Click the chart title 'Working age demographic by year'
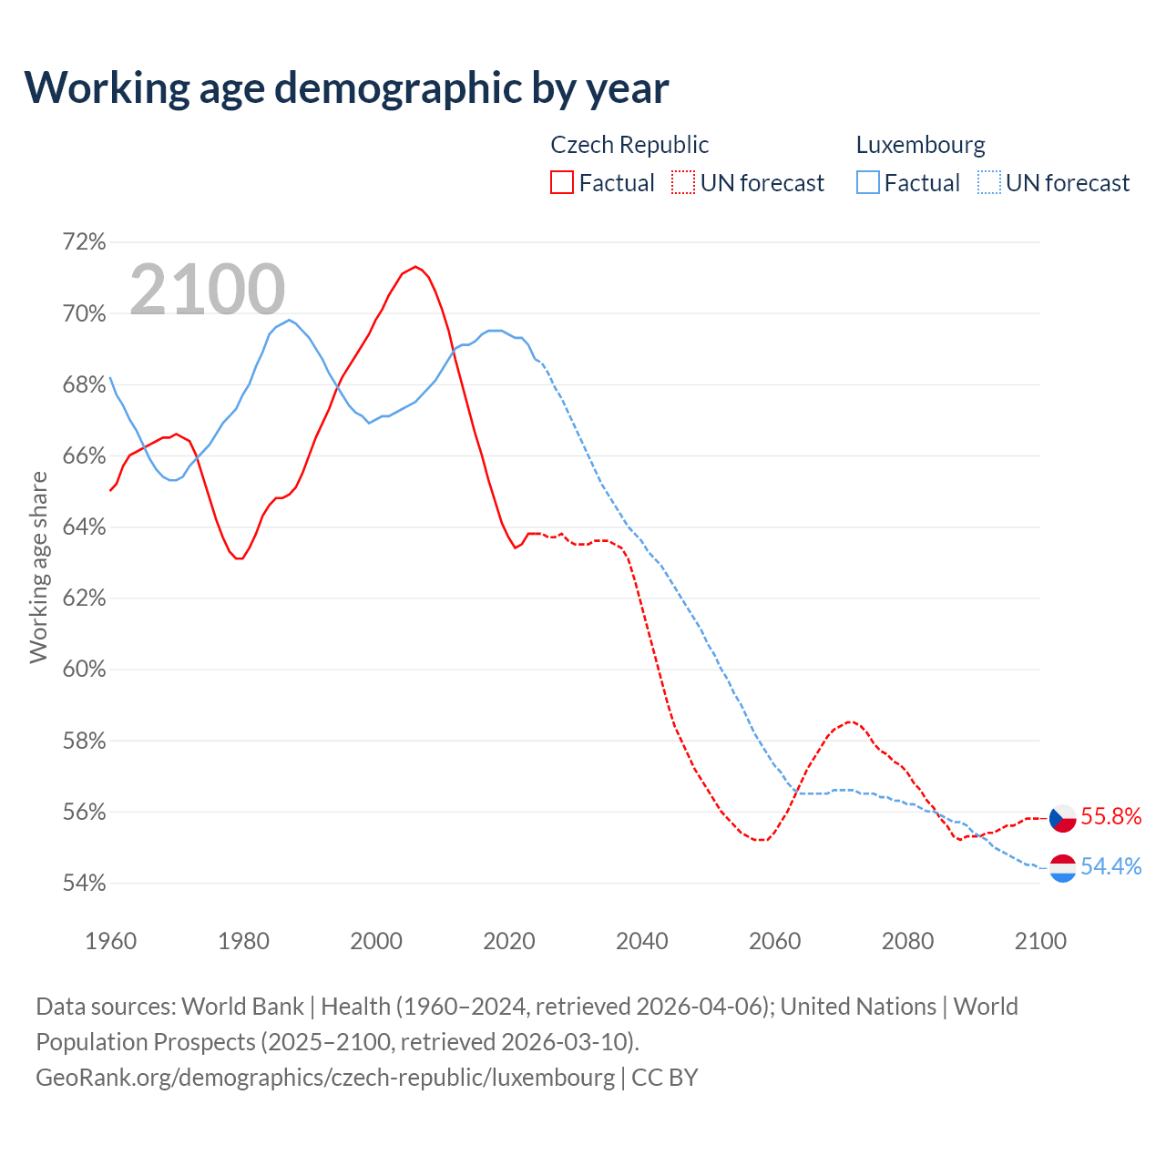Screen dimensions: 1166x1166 point(346,88)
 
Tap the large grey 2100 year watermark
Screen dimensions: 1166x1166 point(208,290)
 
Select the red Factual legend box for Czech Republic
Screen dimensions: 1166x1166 point(562,183)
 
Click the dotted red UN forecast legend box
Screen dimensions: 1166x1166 point(683,183)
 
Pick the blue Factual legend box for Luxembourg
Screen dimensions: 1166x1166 point(867,183)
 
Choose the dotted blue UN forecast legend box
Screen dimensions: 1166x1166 point(988,183)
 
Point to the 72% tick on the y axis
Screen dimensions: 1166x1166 point(84,242)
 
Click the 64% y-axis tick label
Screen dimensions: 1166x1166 point(84,527)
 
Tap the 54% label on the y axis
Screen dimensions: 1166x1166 point(84,884)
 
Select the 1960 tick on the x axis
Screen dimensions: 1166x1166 point(110,941)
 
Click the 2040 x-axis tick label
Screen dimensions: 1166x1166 point(641,941)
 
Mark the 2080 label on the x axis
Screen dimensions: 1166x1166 point(907,941)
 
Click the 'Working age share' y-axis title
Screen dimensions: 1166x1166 point(38,567)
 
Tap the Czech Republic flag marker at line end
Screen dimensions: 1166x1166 point(1063,818)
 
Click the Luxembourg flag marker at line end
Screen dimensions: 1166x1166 point(1063,868)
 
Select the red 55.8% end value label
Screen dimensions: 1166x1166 point(1111,817)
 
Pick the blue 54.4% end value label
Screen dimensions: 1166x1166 point(1111,867)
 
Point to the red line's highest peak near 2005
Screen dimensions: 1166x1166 point(415,267)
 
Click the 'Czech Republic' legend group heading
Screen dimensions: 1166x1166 point(629,145)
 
